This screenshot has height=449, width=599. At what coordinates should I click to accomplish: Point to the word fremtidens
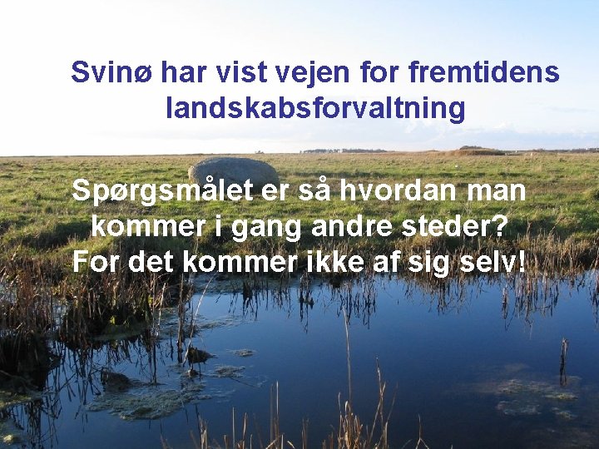coord(484,72)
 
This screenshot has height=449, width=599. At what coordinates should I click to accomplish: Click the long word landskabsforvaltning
coord(315,108)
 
